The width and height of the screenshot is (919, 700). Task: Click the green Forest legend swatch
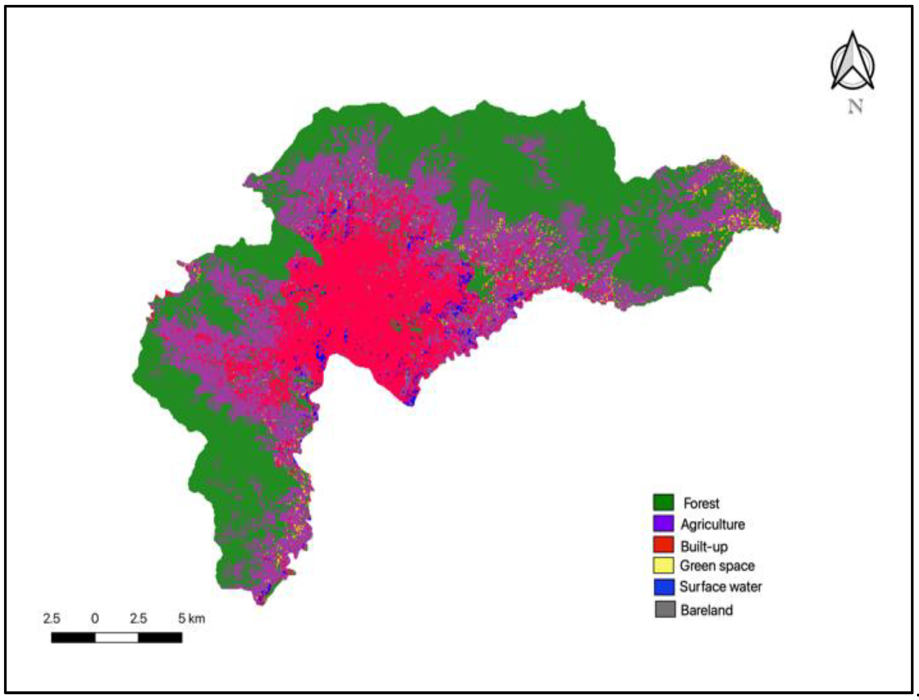pos(663,502)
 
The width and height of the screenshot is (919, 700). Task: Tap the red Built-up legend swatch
pos(663,545)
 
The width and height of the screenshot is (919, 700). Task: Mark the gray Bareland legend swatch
pos(665,609)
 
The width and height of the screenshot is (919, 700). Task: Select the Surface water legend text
pos(720,587)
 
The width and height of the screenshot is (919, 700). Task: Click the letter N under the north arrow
pos(855,107)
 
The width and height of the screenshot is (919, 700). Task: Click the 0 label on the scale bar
pos(95,618)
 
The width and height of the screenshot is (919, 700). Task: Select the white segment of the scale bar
pos(117,637)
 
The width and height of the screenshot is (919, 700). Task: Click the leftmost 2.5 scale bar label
pos(52,618)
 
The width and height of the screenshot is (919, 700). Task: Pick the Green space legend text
pos(717,566)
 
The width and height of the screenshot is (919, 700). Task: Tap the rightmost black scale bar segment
pos(160,637)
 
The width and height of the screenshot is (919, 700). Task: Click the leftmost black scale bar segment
pos(73,637)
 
